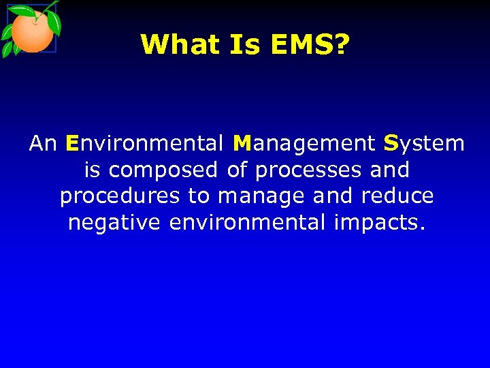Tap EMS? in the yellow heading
point(310,45)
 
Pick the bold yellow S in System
point(391,144)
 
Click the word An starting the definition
point(43,144)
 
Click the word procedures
point(121,196)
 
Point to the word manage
point(262,196)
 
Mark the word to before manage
point(199,196)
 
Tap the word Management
point(304,144)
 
